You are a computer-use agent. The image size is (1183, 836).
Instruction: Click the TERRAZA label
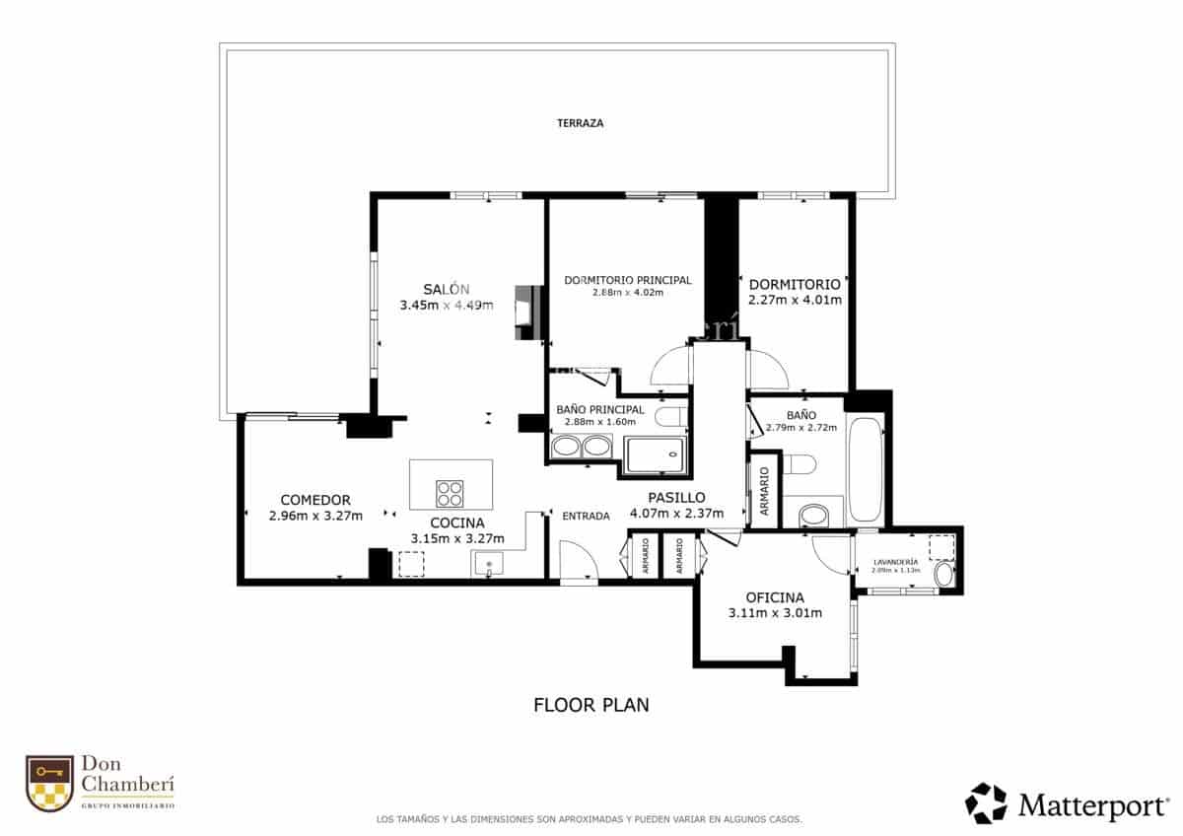point(580,123)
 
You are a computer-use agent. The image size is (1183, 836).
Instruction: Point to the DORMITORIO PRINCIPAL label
point(628,280)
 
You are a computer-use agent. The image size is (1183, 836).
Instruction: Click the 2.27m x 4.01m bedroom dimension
point(795,300)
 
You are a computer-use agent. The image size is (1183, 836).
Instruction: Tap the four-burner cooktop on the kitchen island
point(451,492)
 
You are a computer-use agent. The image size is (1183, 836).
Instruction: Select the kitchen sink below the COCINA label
point(488,565)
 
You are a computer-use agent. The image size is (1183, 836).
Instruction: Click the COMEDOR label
point(315,500)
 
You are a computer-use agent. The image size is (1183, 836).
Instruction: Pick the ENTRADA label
point(586,516)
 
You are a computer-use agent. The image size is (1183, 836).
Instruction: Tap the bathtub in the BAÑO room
point(866,470)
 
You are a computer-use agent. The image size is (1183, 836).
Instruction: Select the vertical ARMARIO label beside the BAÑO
point(764,490)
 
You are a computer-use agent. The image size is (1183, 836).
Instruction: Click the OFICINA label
point(775,597)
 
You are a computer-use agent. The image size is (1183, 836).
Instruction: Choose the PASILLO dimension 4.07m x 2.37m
point(676,513)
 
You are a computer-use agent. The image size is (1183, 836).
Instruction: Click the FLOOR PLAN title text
point(591,705)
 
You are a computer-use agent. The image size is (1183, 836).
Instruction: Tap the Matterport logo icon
point(986,803)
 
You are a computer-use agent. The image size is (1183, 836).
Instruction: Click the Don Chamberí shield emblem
point(49,784)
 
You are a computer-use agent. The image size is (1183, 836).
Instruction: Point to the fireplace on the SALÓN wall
point(528,313)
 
